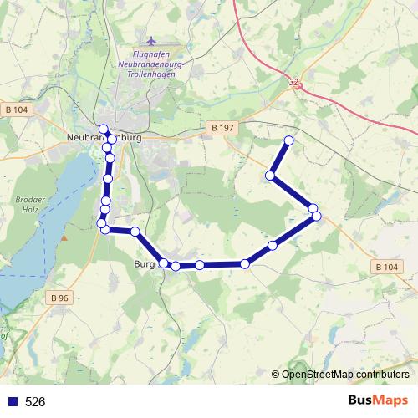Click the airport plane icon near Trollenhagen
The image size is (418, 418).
(150, 41)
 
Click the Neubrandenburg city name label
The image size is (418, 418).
(103, 138)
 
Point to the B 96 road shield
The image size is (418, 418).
(59, 298)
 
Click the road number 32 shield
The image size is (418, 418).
(293, 83)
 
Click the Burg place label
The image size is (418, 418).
(144, 265)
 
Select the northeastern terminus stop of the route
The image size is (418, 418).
(289, 140)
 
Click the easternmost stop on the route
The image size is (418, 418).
(318, 217)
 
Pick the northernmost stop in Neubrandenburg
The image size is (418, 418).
(104, 129)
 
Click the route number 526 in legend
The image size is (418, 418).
(35, 401)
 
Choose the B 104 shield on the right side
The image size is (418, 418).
(385, 267)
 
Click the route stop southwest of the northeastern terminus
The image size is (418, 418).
(271, 176)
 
